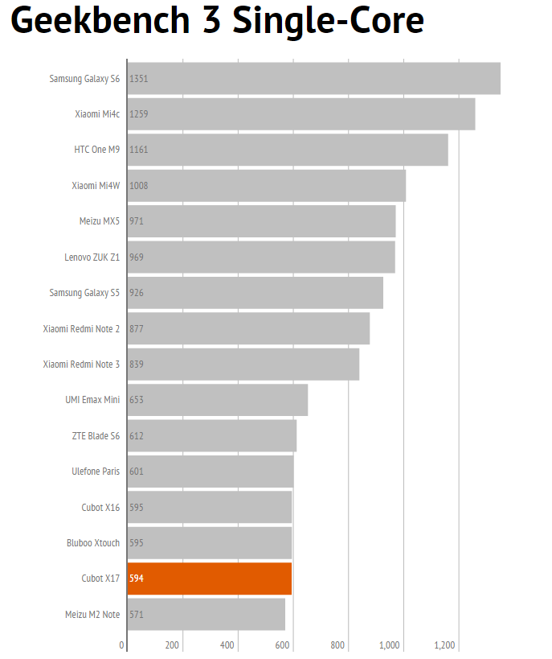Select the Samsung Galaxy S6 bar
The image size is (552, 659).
pyautogui.click(x=314, y=79)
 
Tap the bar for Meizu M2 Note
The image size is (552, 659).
pyautogui.click(x=206, y=615)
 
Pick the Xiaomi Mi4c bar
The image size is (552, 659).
pyautogui.click(x=301, y=114)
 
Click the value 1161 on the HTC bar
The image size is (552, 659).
pyautogui.click(x=139, y=150)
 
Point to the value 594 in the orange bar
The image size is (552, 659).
pyautogui.click(x=137, y=579)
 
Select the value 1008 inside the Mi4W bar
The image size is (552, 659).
pyautogui.click(x=139, y=186)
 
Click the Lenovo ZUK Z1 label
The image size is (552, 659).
pyautogui.click(x=92, y=257)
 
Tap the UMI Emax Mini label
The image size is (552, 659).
pyautogui.click(x=92, y=400)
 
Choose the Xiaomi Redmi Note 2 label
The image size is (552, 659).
pyautogui.click(x=81, y=328)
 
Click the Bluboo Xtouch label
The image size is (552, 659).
pyautogui.click(x=93, y=543)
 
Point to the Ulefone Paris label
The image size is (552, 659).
pyautogui.click(x=96, y=472)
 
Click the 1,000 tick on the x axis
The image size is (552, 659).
pyautogui.click(x=390, y=645)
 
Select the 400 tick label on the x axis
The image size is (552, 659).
pyautogui.click(x=227, y=645)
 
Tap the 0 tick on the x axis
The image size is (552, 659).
pyautogui.click(x=122, y=645)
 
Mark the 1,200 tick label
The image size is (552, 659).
pyautogui.click(x=444, y=645)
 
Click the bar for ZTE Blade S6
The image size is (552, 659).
pyautogui.click(x=212, y=436)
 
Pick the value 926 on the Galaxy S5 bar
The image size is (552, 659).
pyautogui.click(x=137, y=293)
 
